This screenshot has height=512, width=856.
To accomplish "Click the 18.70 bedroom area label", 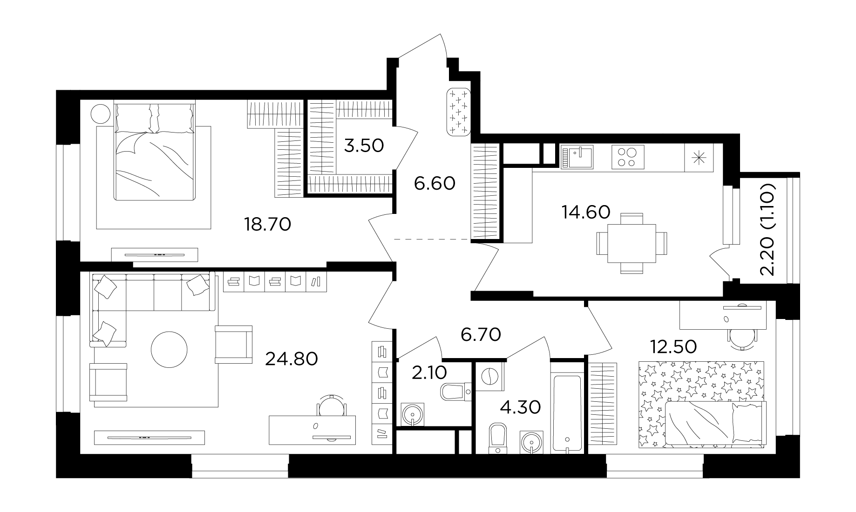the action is [x=268, y=225].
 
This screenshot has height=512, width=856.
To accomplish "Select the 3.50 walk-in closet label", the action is [x=364, y=146].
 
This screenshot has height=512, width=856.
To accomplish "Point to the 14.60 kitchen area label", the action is [x=586, y=212].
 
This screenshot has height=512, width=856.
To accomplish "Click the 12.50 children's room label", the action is [x=673, y=346].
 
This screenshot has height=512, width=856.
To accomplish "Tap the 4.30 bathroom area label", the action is [x=520, y=407].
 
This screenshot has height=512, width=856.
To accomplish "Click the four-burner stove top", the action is [x=628, y=157].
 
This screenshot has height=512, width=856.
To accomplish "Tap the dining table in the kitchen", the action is [x=632, y=243].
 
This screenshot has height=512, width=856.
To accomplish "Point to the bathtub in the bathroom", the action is [x=566, y=413].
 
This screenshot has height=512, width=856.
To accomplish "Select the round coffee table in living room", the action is [x=170, y=349].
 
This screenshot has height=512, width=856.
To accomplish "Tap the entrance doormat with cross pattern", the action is [x=459, y=113].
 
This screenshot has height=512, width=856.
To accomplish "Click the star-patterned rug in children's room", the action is [x=701, y=405].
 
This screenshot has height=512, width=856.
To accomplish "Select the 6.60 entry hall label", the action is [x=435, y=184].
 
